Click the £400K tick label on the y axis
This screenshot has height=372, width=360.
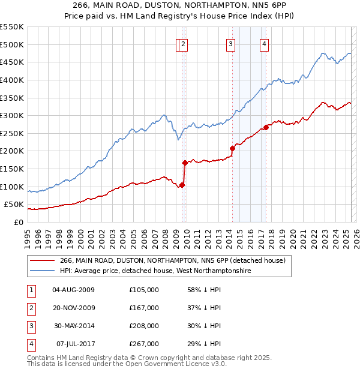(11, 80)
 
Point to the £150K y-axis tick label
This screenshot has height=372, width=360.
(11, 169)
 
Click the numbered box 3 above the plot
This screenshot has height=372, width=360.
(231, 43)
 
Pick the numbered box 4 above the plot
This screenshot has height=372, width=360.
(264, 43)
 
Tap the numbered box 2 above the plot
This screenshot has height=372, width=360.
(184, 43)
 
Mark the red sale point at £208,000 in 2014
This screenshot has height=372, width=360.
(232, 148)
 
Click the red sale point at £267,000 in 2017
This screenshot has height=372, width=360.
(265, 127)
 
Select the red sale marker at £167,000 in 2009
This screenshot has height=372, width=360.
(185, 162)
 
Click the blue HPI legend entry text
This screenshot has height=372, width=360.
(155, 271)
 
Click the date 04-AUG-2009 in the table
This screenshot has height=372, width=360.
(74, 290)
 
